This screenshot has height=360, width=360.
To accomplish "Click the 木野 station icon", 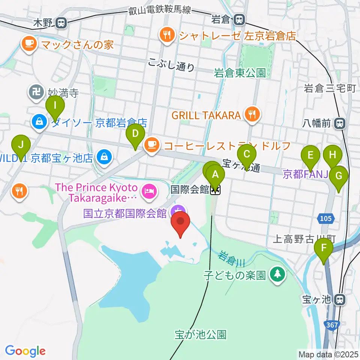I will (61, 23).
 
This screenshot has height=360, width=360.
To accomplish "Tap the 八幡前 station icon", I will (340, 123).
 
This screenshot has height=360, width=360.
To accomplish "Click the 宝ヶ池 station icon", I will (340, 299).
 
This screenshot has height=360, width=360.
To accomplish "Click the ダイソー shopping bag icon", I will (39, 123).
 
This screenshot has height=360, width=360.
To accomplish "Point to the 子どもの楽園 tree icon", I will (277, 275).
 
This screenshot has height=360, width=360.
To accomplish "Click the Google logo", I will (25, 351).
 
